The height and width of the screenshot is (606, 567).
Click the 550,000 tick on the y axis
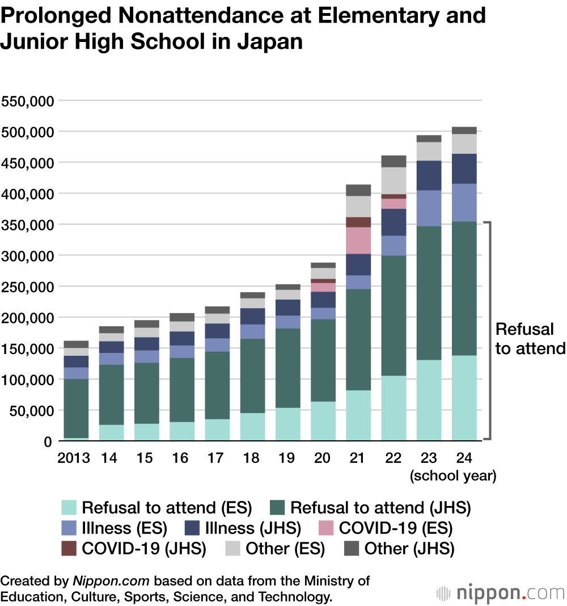(x=27, y=102)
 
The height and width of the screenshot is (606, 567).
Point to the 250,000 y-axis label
(x=27, y=287)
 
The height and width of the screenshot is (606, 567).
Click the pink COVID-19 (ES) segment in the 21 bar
(x=358, y=240)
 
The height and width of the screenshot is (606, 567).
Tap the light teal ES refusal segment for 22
(x=393, y=408)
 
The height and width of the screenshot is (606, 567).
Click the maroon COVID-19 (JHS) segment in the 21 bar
(x=358, y=222)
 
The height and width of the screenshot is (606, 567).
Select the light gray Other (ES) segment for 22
(x=393, y=180)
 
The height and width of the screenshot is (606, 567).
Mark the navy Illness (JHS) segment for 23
(x=429, y=175)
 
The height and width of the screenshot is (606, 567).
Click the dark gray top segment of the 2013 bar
(x=76, y=344)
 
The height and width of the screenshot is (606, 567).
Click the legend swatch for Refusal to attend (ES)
(x=69, y=507)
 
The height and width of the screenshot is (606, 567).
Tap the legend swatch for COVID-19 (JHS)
(x=69, y=549)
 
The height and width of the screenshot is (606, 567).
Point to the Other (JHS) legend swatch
(x=352, y=549)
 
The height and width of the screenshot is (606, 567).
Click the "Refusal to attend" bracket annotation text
(x=530, y=339)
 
